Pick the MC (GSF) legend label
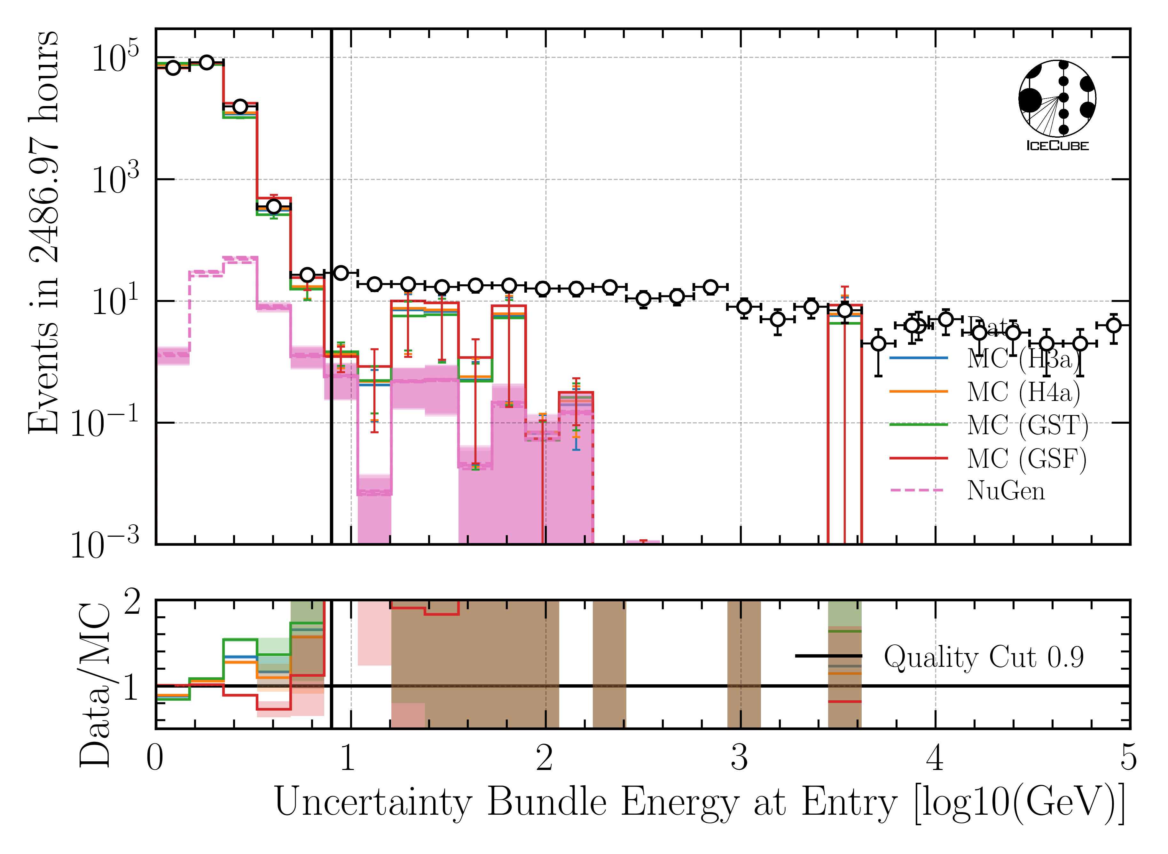pos(1027,458)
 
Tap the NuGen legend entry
pos(1006,491)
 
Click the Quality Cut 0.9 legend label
pos(983,657)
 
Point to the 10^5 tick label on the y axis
pos(115,59)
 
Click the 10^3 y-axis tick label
pos(115,181)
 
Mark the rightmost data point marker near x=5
pos(1114,325)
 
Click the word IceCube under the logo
pos(1057,146)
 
